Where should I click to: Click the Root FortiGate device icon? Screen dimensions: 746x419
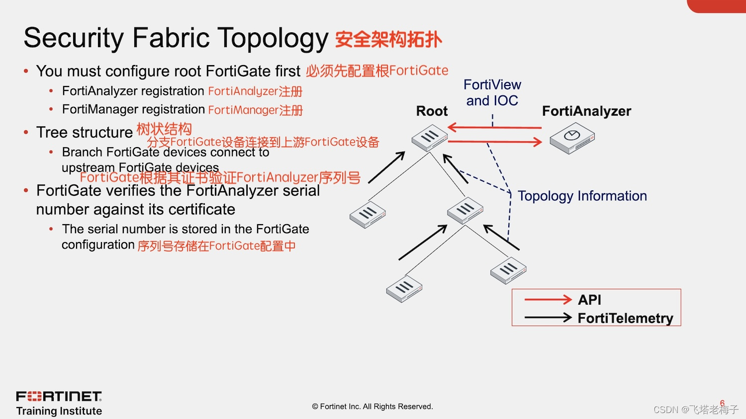coord(430,137)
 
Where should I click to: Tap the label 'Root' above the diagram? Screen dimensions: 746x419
coord(432,111)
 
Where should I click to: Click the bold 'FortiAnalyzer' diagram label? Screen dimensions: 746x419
coord(586,111)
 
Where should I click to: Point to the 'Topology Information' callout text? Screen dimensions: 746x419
coord(582,196)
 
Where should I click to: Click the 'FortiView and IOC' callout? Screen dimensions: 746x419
coord(492,92)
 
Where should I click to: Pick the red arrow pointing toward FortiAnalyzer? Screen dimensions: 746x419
coord(495,142)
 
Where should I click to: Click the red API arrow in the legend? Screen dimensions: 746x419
coord(548,299)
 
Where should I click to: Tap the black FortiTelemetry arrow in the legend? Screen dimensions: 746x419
coord(548,318)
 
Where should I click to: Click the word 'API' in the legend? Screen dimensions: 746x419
coord(589,300)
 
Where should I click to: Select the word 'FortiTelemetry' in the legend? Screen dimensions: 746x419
coord(625,318)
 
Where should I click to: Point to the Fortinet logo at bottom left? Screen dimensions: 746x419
coord(59,396)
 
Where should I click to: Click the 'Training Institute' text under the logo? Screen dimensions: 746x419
coord(59,411)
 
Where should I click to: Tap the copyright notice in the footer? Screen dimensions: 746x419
coord(373,407)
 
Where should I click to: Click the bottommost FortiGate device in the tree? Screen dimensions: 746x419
coord(404,289)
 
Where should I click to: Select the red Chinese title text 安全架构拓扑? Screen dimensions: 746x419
coord(388,39)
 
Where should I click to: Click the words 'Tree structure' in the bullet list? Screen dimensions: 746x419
coord(84,132)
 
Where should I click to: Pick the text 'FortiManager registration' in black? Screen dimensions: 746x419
coord(133,109)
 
